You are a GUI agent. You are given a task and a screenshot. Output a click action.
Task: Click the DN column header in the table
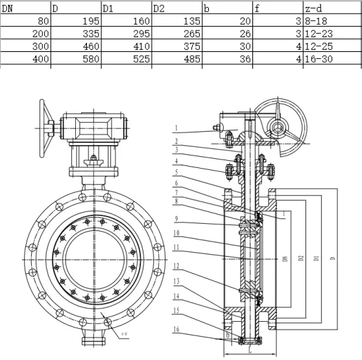coord(8,8)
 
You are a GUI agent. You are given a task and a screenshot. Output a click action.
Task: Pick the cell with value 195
coord(90,21)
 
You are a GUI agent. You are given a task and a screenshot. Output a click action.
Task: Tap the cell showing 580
coord(90,59)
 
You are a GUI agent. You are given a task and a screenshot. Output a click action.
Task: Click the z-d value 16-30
coord(318,59)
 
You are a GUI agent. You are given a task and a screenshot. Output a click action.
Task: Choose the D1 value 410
coord(140,47)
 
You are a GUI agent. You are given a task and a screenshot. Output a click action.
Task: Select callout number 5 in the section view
coord(176,172)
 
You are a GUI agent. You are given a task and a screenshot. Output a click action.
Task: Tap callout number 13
coord(176,281)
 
